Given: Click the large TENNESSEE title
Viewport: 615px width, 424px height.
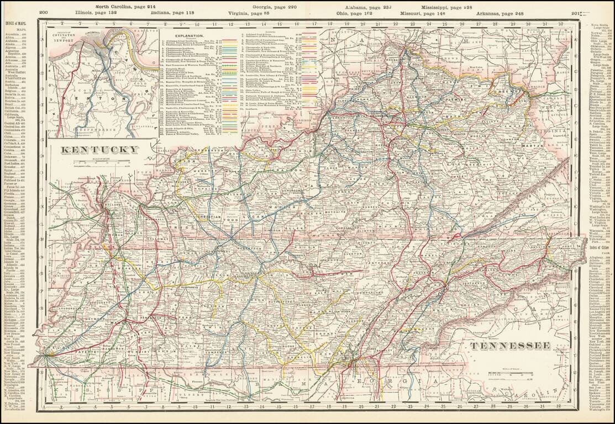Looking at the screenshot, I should (x=510, y=346).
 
